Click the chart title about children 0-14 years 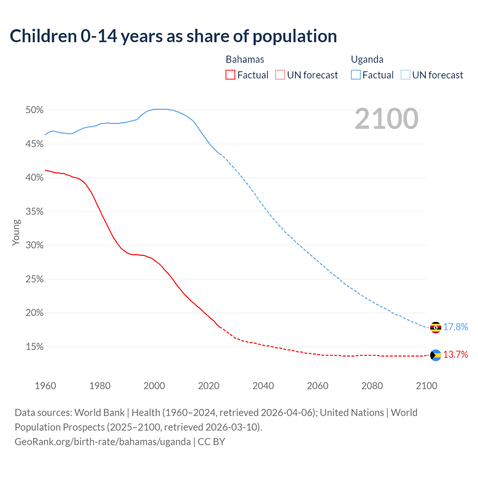pos(173,36)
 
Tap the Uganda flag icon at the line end pos(435,328)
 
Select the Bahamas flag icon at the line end pos(435,355)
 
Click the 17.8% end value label pos(456,327)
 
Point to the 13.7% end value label pos(456,355)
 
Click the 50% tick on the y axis pos(34,110)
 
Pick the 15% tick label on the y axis pos(34,347)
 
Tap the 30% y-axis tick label pos(34,245)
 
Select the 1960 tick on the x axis pos(45,386)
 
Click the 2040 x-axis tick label pos(263,386)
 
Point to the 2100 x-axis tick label pos(426,386)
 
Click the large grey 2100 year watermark pos(387,119)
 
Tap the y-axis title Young pos(16,232)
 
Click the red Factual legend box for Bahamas pos(230,75)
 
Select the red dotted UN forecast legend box pos(280,75)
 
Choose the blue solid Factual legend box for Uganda pos(356,75)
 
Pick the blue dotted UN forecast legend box pos(406,75)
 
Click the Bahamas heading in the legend pos(245,60)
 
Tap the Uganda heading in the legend pos(367,60)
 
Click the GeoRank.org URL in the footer pos(103,442)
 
